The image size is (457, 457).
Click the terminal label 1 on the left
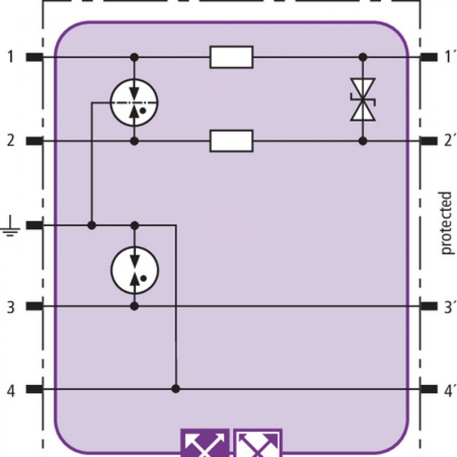pos(11,57)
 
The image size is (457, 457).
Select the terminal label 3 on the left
pos(11,307)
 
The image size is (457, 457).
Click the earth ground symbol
pos(11,226)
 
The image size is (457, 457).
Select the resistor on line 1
pos(231,57)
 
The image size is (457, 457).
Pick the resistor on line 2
pos(231,141)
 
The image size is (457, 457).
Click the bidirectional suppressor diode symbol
pos(363,99)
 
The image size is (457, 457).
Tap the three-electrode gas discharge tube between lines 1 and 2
pos(134,102)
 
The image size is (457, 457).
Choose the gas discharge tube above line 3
pos(135,270)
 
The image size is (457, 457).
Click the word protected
pos(446,223)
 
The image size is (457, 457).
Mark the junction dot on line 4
pos(175,389)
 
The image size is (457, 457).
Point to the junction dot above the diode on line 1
pos(363,57)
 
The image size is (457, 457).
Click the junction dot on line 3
pos(134,306)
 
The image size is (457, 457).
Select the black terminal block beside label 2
pos(34,141)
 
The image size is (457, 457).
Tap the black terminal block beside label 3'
pos(429,306)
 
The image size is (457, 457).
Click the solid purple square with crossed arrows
pos(205,443)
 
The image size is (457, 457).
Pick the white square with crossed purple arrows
pos(258,443)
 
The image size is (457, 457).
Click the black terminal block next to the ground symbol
pos(34,225)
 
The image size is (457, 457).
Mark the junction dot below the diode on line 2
pos(363,141)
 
